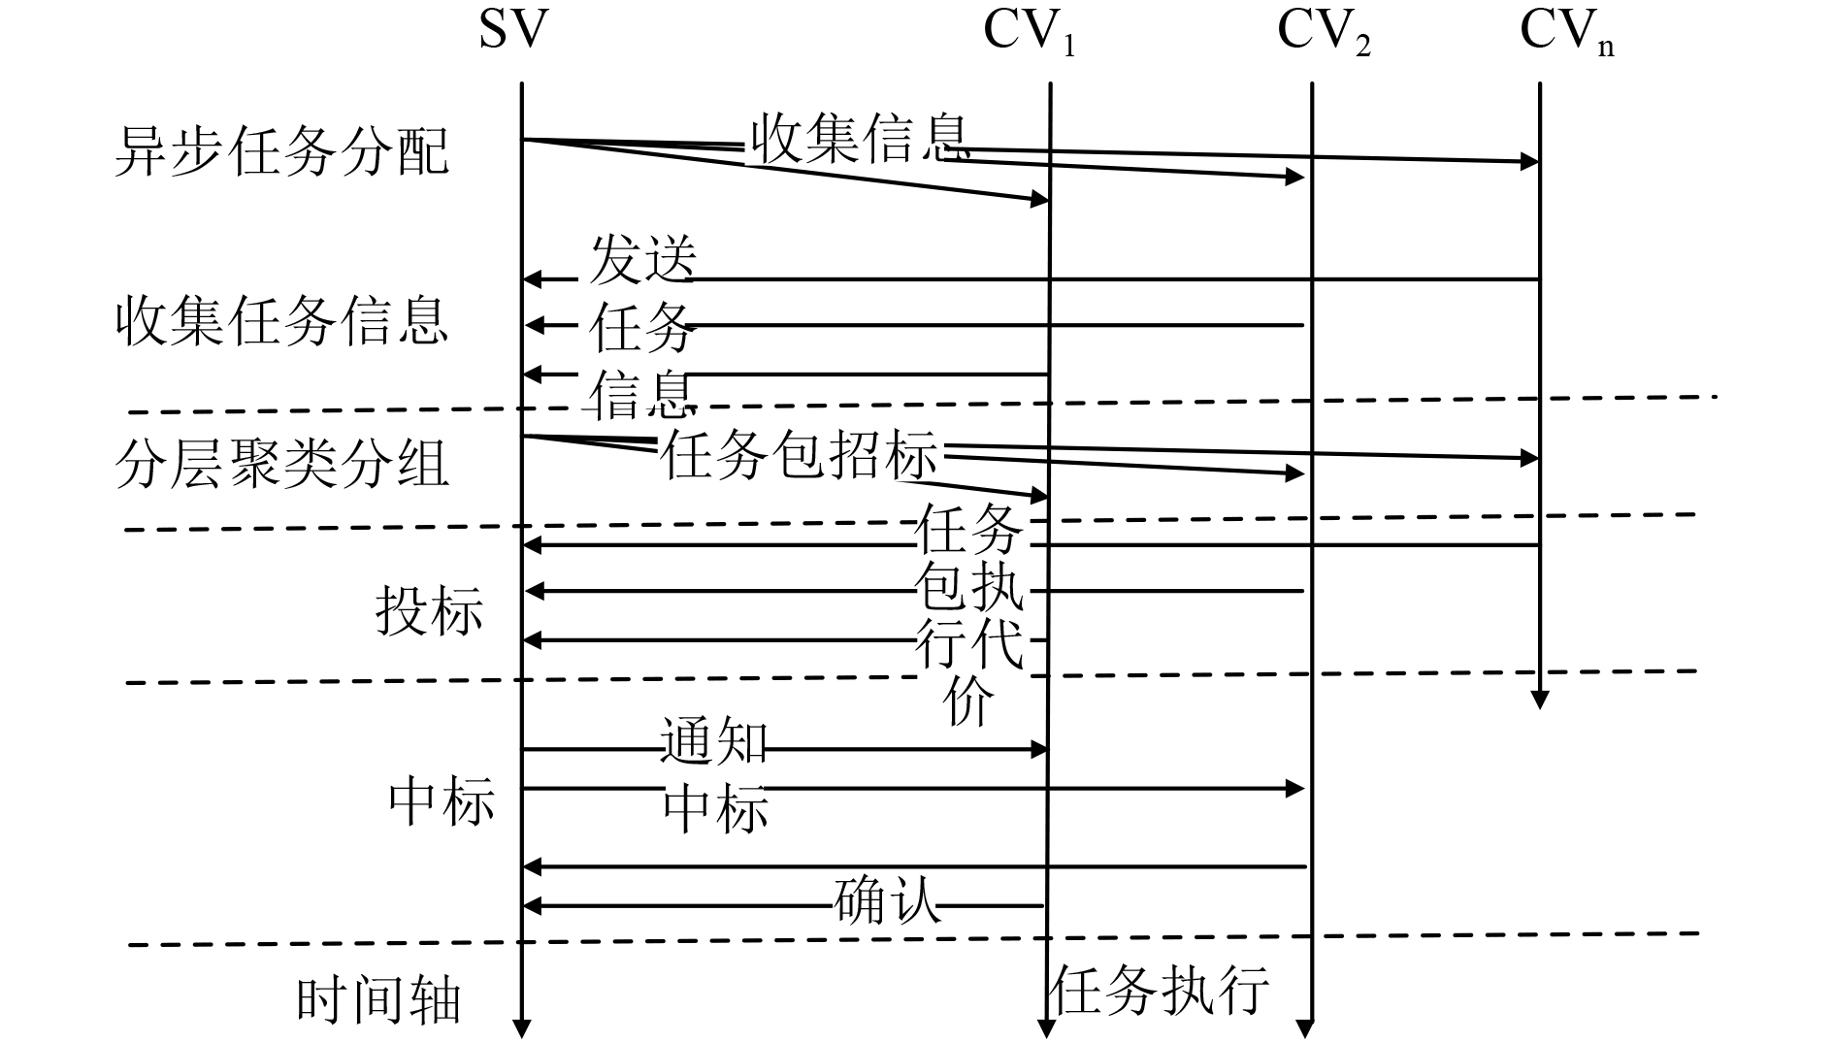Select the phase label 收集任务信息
281,321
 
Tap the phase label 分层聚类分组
281,464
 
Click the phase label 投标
429,611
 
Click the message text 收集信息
860,139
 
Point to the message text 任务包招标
800,455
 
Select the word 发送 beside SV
642,260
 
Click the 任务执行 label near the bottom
1159,989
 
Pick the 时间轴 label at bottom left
378,1000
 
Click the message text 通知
714,742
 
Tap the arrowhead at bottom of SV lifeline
522,1028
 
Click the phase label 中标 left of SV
442,801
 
